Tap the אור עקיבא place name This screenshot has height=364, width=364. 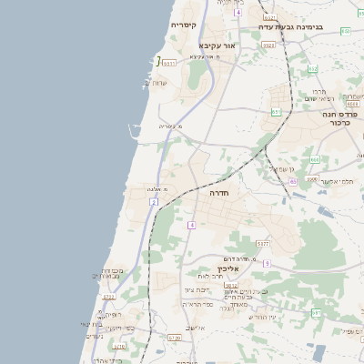[x=217, y=45]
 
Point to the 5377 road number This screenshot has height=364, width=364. [x=262, y=244]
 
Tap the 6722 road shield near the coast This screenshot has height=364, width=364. [x=109, y=297]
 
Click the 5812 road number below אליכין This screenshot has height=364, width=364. [x=206, y=286]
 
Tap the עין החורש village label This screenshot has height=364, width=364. [x=259, y=316]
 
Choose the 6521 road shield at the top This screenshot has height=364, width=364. [x=269, y=17]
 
